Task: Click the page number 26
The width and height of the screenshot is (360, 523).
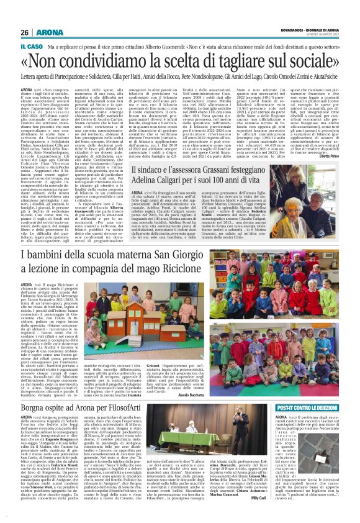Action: click(x=24, y=32)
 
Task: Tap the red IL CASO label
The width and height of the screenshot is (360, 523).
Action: click(x=31, y=47)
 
